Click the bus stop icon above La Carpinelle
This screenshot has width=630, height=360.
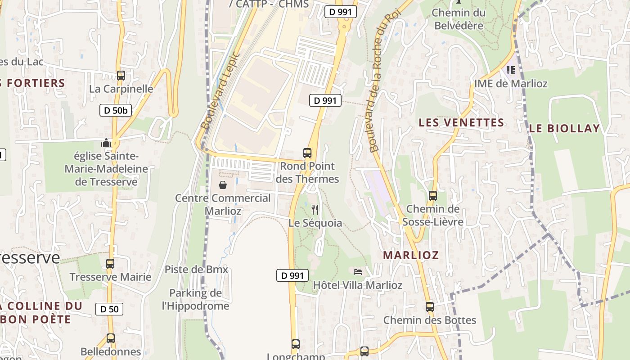[121, 76]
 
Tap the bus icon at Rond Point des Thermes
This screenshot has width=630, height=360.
[307, 153]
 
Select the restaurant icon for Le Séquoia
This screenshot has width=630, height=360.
[315, 210]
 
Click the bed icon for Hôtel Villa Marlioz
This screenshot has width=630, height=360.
[358, 271]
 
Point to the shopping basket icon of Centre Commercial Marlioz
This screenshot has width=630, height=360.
[222, 185]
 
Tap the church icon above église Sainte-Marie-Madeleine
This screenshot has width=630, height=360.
[106, 143]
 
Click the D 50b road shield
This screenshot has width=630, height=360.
[116, 110]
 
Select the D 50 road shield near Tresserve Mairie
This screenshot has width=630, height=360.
[109, 309]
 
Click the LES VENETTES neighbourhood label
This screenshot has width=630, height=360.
[461, 122]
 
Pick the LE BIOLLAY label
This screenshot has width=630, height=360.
[564, 128]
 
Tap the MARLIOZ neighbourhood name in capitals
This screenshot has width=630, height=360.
[410, 255]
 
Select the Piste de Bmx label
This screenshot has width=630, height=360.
[196, 270]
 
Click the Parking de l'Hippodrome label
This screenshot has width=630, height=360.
[195, 300]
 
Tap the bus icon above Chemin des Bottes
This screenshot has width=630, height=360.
[430, 307]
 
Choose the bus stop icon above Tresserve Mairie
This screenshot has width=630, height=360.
[110, 264]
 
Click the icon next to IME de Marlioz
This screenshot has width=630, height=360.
[511, 70]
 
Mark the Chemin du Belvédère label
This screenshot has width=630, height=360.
[459, 19]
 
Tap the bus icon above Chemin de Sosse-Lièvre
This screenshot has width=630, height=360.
[432, 196]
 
